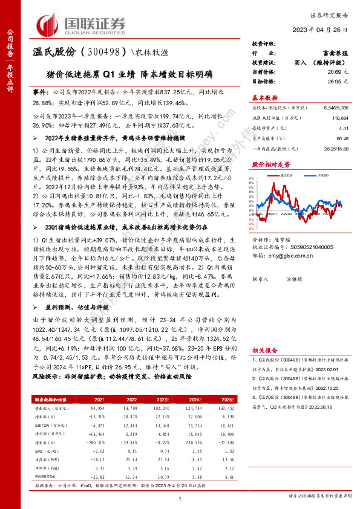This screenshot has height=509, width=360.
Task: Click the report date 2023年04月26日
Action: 324,31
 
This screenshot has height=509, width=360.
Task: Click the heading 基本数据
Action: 264,97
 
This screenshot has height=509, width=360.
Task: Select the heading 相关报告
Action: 264,350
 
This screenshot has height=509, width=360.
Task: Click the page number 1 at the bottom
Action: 180,498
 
